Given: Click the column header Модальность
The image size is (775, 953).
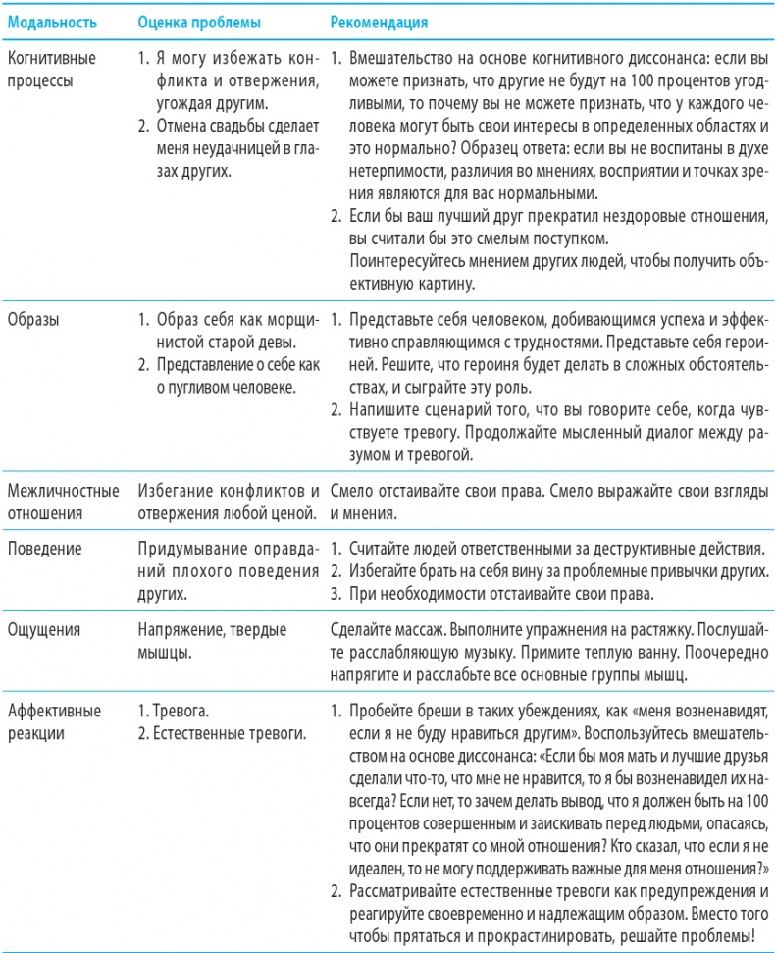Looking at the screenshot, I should (50, 19).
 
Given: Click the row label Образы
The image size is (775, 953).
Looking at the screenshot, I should (34, 320).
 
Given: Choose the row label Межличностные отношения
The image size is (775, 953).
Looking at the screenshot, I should (63, 501).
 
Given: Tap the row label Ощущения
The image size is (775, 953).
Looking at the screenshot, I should (43, 632).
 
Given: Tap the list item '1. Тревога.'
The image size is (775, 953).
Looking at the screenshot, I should (172, 708).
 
